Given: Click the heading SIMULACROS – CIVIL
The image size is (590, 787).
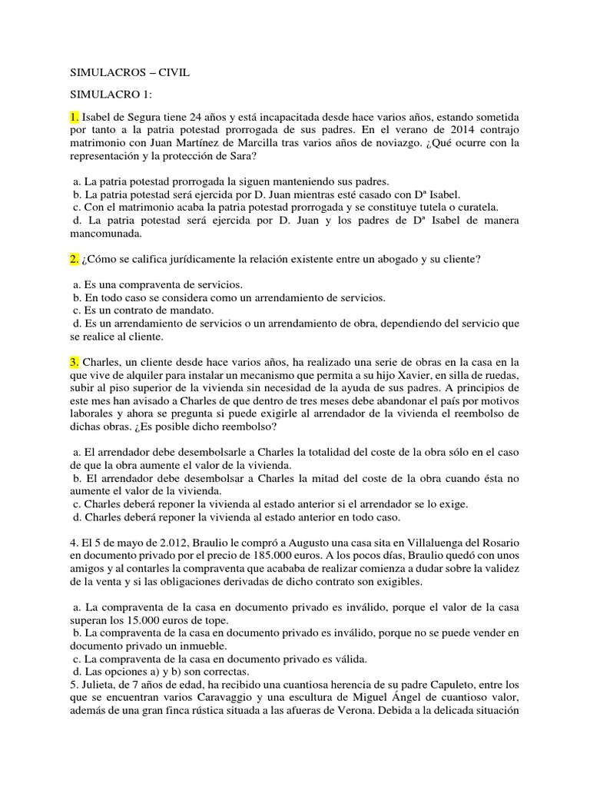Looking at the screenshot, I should click(x=129, y=73).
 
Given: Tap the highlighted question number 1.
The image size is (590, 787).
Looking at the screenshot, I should click(x=75, y=116).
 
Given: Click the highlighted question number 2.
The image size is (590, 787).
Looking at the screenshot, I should click(x=75, y=259).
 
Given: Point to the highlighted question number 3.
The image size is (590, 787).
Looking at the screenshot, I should click(x=75, y=361).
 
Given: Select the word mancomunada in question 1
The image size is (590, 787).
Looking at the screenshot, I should click(x=106, y=234).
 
